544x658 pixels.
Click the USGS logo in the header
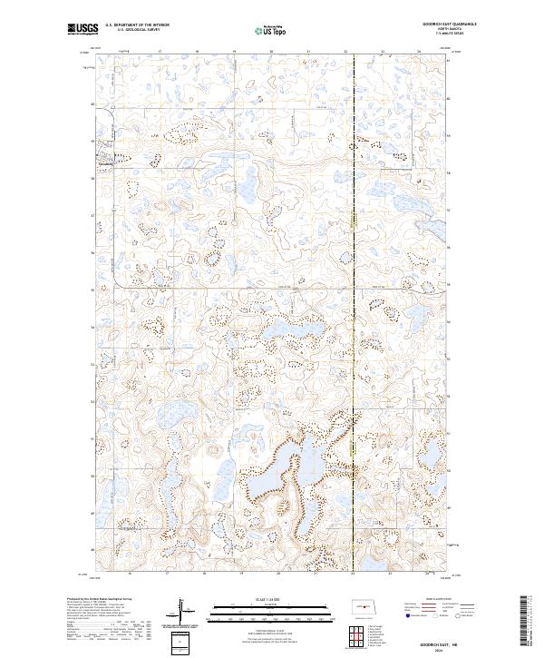pos(83,30)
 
